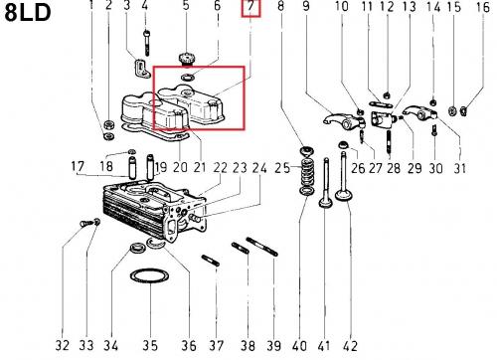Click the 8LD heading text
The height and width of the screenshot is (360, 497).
(28, 13)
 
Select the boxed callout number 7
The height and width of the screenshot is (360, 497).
(250, 8)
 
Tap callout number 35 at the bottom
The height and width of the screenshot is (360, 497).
(150, 345)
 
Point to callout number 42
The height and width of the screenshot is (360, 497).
(350, 346)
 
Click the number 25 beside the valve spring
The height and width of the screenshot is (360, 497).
(282, 168)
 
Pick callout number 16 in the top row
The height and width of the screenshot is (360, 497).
(482, 7)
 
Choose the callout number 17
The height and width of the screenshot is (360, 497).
(78, 166)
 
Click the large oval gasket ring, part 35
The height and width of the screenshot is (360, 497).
(149, 276)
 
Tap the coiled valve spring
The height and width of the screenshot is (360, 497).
(307, 171)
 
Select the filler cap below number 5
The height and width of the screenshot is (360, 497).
(187, 59)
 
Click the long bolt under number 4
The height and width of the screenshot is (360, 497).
(147, 43)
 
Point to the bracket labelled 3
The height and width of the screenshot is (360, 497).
(141, 68)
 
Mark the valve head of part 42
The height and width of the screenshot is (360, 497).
(344, 195)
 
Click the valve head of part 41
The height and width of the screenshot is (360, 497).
(326, 202)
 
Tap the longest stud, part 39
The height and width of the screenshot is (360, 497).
(261, 247)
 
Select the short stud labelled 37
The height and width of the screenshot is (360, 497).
(210, 261)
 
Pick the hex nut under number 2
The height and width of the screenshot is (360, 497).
(109, 125)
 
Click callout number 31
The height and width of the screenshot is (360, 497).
(459, 168)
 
